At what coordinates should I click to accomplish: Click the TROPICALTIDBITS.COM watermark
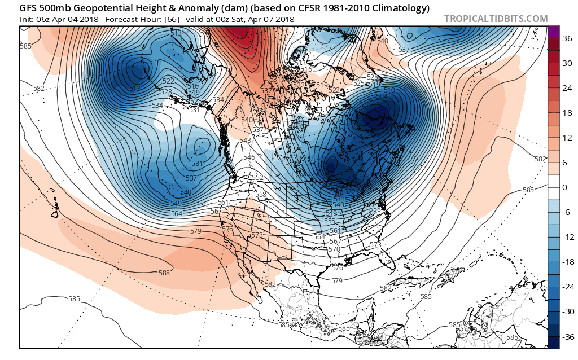point(496,19)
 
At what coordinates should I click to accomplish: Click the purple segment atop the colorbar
point(553,32)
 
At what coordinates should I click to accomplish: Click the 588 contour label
point(164,273)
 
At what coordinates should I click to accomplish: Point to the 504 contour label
point(382,96)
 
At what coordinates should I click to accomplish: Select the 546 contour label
point(249,157)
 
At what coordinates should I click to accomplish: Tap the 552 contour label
point(257,178)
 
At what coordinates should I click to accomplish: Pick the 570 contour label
point(334,249)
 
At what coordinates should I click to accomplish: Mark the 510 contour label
point(389,90)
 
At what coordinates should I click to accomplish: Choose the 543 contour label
point(245,141)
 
